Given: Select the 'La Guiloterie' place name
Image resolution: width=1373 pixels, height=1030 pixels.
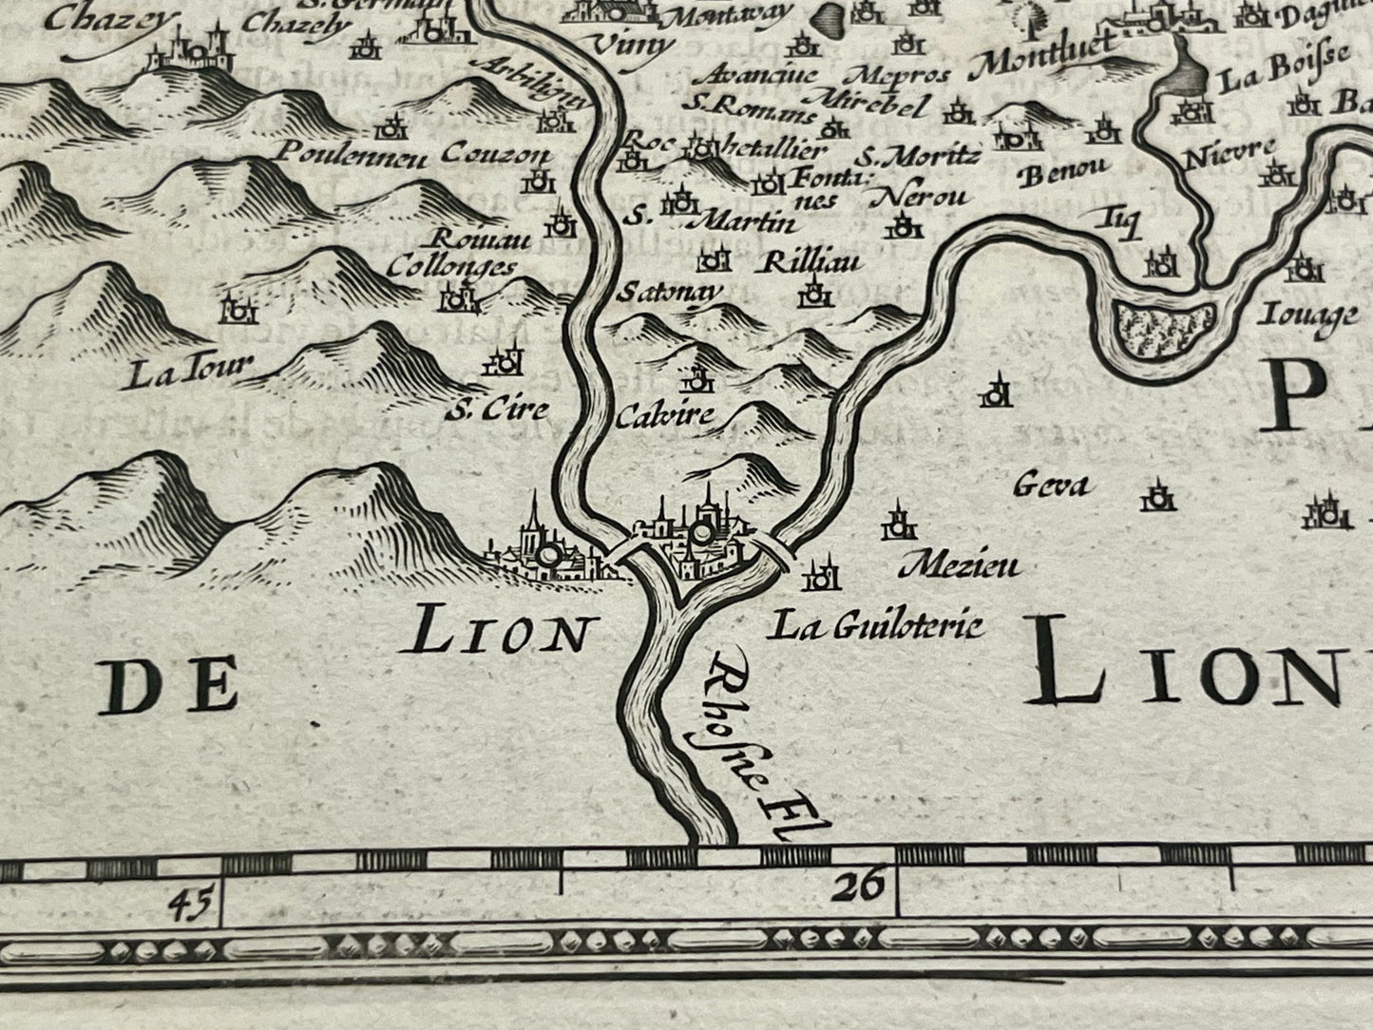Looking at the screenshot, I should click(x=875, y=625).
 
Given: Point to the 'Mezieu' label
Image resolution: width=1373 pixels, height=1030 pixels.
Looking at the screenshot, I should click(x=958, y=567).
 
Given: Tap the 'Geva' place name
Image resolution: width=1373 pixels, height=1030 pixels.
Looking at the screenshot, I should click(x=1050, y=486).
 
